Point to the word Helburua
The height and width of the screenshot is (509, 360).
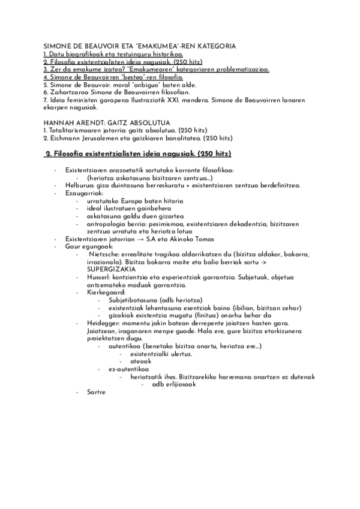click(79, 185)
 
